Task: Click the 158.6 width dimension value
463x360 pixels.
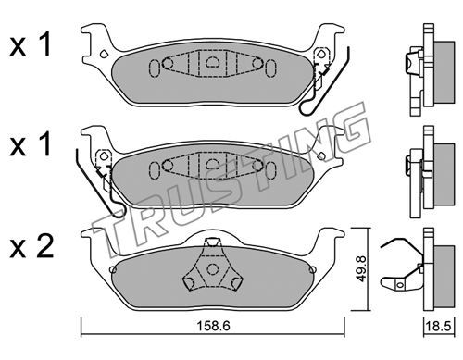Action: tap(213, 326)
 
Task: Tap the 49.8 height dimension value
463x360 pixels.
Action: tap(361, 268)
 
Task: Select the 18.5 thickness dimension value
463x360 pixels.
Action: tap(438, 326)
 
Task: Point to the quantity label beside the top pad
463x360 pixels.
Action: tap(30, 45)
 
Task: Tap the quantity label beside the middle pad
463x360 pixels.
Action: tap(30, 144)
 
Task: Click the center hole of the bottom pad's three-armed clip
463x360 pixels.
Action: tap(212, 269)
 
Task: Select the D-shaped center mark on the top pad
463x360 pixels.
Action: tap(212, 62)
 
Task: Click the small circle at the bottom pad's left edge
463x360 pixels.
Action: tap(113, 270)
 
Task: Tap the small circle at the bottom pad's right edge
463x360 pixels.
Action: tap(312, 270)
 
